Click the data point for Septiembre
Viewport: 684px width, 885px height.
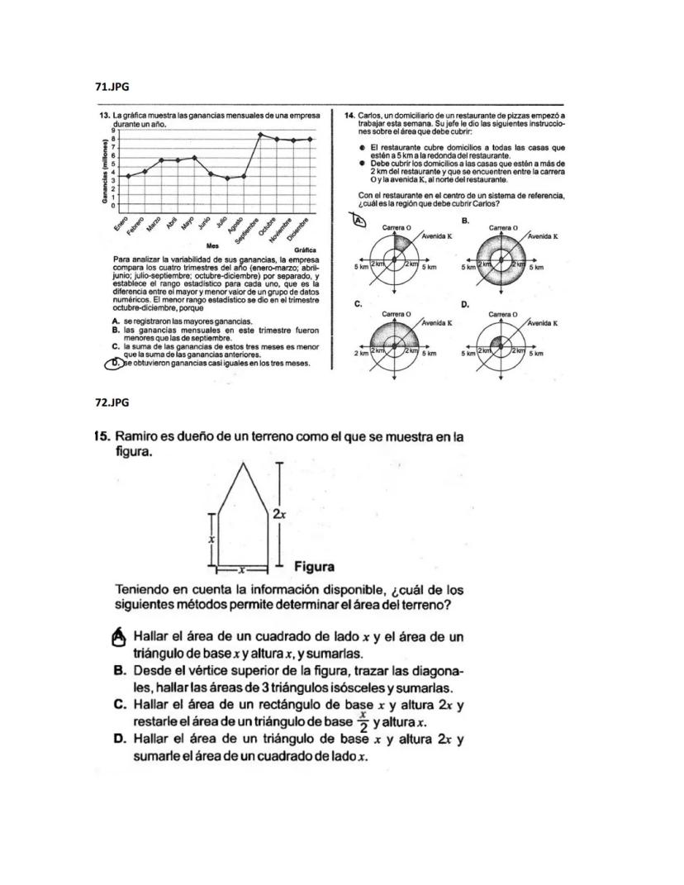pyautogui.click(x=260, y=135)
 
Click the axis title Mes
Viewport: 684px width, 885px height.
pyautogui.click(x=212, y=245)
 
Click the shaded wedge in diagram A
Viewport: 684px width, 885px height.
pyautogui.click(x=401, y=246)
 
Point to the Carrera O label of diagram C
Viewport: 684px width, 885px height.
pyautogui.click(x=397, y=315)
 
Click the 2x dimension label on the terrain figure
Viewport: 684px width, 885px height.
pyautogui.click(x=280, y=513)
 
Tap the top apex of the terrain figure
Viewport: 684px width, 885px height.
pyautogui.click(x=242, y=463)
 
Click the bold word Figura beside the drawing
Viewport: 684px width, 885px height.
pyautogui.click(x=314, y=567)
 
